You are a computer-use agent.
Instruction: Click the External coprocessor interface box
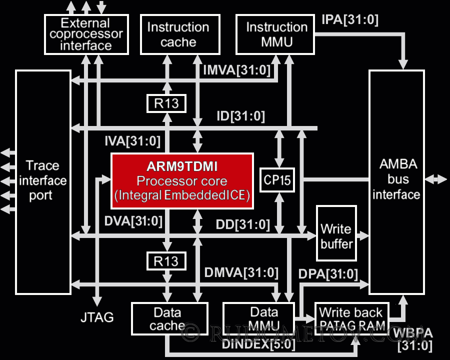pos(86,34)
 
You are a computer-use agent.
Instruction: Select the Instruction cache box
pos(178,34)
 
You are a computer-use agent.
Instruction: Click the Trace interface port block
pos(43,181)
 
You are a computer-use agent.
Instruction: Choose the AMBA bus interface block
pos(396,181)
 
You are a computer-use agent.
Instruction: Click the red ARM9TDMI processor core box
pos(182,181)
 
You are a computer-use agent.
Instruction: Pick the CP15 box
pos(277,180)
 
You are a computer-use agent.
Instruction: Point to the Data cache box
pos(169,319)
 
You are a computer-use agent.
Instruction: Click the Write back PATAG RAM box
pos(352,319)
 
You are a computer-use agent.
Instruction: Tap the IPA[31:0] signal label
pos(350,20)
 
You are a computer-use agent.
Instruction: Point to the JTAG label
pos(96,316)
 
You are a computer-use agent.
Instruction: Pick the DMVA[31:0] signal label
pos(241,272)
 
